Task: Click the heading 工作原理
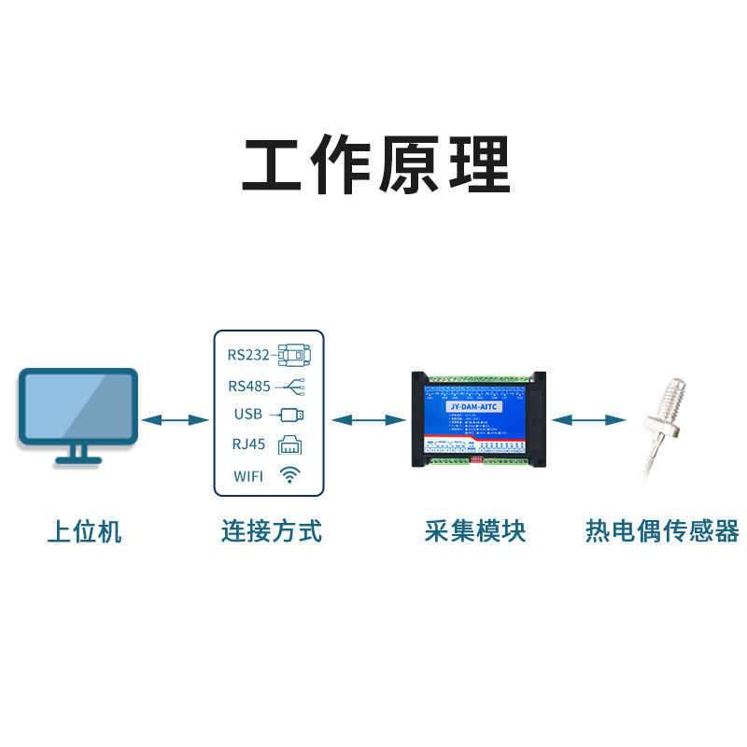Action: (x=376, y=166)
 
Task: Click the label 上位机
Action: (x=85, y=532)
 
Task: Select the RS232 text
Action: (x=247, y=356)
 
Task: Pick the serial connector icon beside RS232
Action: (x=294, y=355)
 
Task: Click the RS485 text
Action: (x=247, y=386)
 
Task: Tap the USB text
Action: (x=248, y=415)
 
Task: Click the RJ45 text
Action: (x=248, y=444)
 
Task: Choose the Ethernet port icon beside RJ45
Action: (x=290, y=444)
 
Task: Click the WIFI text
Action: (x=248, y=476)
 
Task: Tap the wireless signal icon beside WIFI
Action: (x=290, y=475)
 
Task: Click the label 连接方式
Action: (x=271, y=532)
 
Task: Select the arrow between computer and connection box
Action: (x=175, y=420)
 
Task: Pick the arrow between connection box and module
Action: (x=366, y=420)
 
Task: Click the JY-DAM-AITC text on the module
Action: (x=475, y=407)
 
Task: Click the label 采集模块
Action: (x=474, y=532)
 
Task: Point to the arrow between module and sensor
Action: (x=587, y=420)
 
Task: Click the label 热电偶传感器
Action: (x=661, y=532)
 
